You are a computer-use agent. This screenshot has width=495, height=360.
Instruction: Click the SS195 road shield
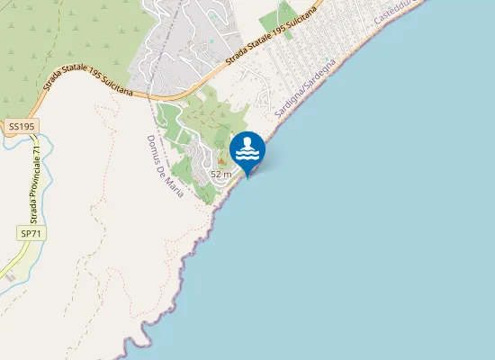click(x=21, y=128)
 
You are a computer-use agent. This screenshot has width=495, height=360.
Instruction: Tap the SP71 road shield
click(x=30, y=233)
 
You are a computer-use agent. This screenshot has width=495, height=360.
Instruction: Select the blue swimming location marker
click(x=247, y=149)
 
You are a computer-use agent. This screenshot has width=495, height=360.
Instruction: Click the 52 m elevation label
click(x=221, y=173)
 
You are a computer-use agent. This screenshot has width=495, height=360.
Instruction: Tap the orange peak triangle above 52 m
click(x=221, y=161)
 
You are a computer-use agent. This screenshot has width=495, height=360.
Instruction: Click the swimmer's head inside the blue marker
click(x=247, y=143)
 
